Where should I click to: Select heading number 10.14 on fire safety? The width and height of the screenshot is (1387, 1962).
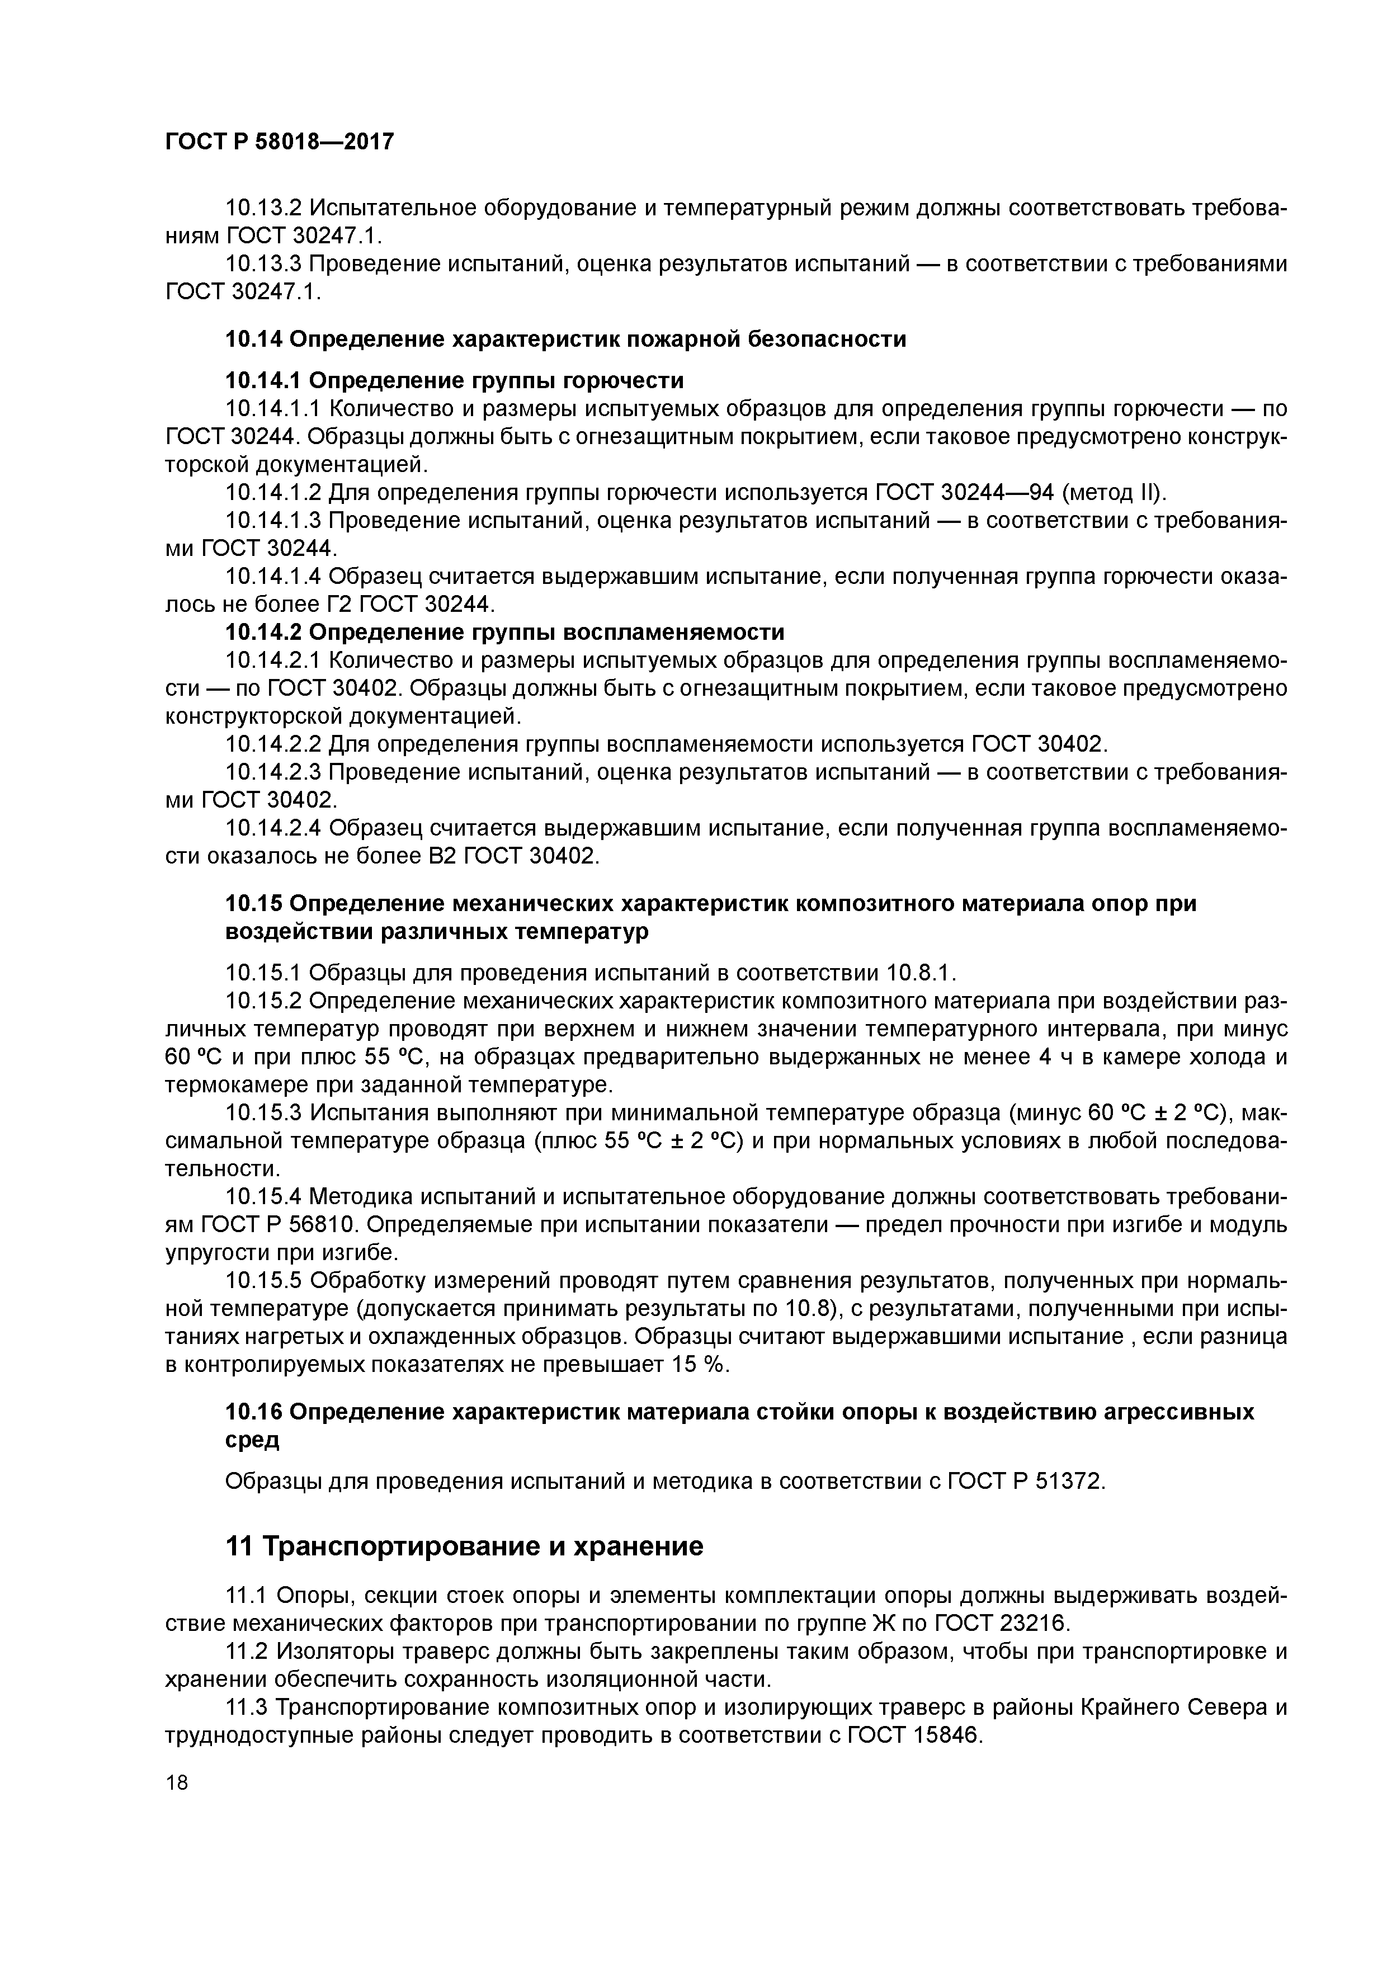[253, 339]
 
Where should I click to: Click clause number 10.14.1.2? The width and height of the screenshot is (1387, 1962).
[272, 493]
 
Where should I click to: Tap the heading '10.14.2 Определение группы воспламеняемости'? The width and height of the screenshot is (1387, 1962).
[504, 633]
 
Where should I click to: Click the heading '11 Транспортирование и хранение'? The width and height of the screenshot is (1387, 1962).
[464, 1546]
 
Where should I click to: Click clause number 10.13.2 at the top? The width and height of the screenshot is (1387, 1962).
[263, 207]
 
